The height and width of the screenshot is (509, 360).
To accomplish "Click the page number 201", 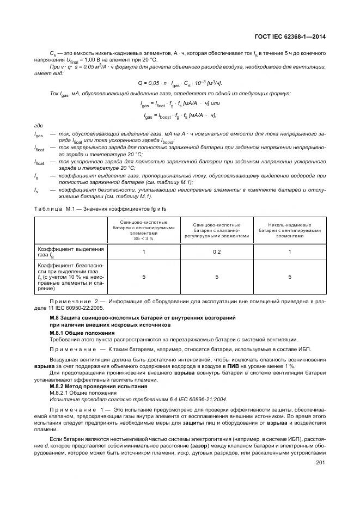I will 320,463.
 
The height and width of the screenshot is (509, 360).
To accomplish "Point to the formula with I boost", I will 180,115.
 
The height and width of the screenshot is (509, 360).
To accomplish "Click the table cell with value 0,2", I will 217,252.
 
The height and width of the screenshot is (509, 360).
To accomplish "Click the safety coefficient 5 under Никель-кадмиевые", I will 289,277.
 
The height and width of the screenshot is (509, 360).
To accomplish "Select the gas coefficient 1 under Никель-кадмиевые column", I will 289,252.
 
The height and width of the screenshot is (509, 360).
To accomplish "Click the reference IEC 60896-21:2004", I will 146,398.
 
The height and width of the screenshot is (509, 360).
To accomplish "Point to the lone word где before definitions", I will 38,126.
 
